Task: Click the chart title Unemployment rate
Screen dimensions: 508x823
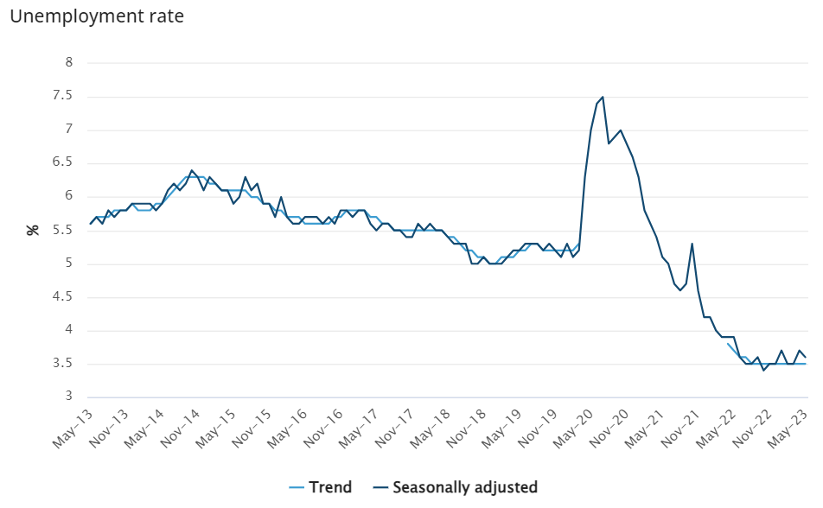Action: [x=96, y=16]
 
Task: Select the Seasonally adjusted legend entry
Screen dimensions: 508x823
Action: [x=455, y=487]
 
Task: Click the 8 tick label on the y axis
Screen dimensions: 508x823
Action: [x=69, y=62]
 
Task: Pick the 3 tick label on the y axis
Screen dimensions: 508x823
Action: [x=69, y=397]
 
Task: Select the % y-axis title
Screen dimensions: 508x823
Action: [x=33, y=230]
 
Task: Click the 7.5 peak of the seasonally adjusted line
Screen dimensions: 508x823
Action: [x=603, y=97]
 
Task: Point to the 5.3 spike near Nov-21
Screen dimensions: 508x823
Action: [x=692, y=244]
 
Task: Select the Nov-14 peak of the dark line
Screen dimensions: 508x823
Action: [x=192, y=170]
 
